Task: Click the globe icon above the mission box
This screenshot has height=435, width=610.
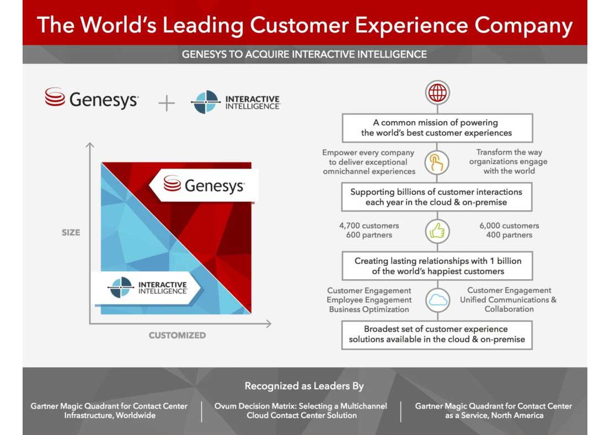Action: (x=437, y=93)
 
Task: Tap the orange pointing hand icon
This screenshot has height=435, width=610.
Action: (x=436, y=162)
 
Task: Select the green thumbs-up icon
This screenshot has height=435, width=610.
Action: (x=437, y=231)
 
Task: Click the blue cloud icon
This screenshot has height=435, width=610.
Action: (x=438, y=300)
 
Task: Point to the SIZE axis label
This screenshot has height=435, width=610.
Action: (x=71, y=233)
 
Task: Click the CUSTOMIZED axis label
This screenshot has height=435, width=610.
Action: (x=177, y=335)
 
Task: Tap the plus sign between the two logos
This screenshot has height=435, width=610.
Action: (x=167, y=104)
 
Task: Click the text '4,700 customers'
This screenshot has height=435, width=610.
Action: (x=369, y=226)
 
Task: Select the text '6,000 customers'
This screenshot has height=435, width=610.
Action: (x=509, y=226)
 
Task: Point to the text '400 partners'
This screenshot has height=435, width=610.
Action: (x=509, y=235)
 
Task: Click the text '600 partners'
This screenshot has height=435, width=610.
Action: (x=369, y=235)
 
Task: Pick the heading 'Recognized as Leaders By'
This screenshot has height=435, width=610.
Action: (x=304, y=386)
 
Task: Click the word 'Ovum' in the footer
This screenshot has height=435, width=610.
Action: (x=225, y=406)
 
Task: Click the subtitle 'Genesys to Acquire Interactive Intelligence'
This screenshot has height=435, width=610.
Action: (x=304, y=55)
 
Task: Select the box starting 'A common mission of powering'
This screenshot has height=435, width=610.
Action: (x=437, y=128)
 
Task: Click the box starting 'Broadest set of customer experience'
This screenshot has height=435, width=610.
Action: (x=437, y=335)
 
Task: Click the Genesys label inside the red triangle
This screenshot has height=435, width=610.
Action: (x=204, y=185)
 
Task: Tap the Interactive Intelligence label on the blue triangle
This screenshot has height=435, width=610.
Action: (x=146, y=288)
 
